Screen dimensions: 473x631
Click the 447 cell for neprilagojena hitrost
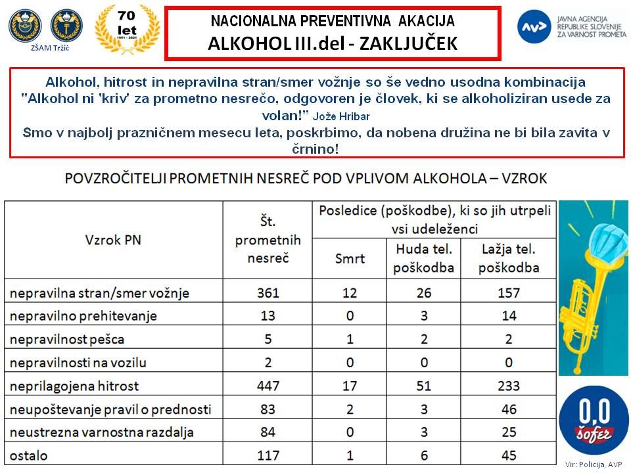click(268, 386)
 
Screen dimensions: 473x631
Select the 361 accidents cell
click(268, 293)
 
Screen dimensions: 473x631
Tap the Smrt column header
click(349, 259)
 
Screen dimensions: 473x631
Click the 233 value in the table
click(508, 386)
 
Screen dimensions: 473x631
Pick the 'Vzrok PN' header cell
click(113, 240)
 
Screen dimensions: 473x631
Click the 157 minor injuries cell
click(508, 293)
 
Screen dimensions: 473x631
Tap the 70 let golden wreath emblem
click(128, 30)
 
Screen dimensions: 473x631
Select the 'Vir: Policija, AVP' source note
click(592, 464)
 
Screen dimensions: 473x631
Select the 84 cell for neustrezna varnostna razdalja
click(268, 432)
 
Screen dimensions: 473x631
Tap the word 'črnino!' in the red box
click(317, 149)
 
